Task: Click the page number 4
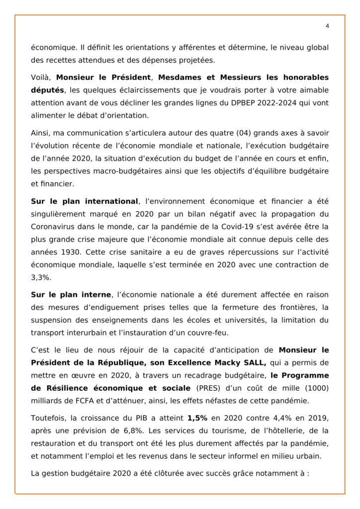(327, 26)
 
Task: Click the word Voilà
(42, 78)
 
